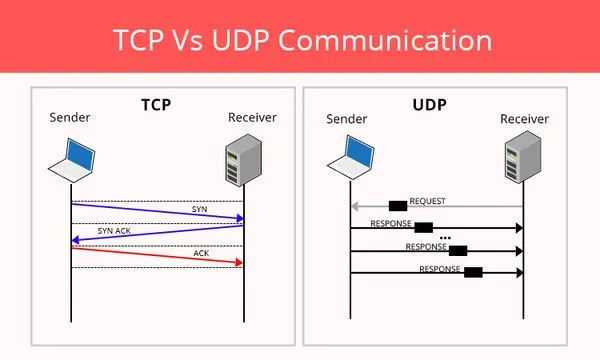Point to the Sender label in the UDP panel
[x=347, y=120]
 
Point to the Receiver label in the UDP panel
[x=523, y=120]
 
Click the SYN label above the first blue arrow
[x=200, y=208]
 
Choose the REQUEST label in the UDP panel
[x=428, y=201]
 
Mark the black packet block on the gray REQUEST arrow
[x=397, y=206]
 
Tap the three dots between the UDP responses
[x=444, y=237]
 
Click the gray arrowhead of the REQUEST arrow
[x=354, y=207]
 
